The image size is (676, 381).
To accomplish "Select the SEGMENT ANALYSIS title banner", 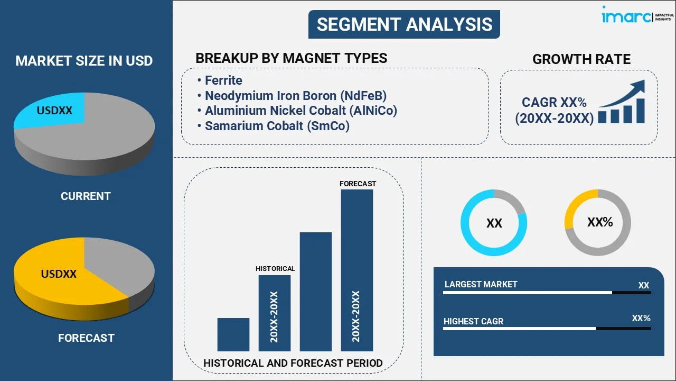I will point(404,24).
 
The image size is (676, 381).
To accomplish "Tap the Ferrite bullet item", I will point(223,80).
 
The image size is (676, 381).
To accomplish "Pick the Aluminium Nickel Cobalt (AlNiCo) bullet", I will point(301,111).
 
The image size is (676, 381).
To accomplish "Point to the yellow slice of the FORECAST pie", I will point(58,275).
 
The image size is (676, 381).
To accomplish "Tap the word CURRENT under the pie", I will point(86,196).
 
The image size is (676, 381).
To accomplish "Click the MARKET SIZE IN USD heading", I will point(84,61).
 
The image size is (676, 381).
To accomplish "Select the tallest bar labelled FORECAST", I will point(357,270).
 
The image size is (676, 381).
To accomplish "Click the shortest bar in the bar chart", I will point(233,334).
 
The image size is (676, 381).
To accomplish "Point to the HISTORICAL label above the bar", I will point(275,269).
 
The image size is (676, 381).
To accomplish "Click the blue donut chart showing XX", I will point(494,223).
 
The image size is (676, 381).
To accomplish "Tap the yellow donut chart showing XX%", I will point(598,223).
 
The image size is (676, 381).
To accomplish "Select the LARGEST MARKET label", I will point(481,285).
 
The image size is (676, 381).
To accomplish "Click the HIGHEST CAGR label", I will point(473,321).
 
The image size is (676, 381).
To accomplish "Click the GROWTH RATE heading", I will point(581,59).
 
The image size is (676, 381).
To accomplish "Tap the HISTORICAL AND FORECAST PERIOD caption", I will point(293,363).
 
